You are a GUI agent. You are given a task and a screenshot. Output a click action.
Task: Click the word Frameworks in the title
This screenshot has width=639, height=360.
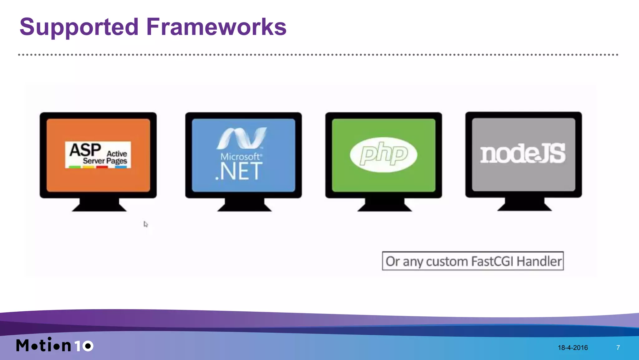(216, 27)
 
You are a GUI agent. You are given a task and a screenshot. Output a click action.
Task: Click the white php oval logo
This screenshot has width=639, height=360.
(383, 154)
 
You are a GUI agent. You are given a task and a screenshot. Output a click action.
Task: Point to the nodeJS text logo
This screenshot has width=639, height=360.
(523, 154)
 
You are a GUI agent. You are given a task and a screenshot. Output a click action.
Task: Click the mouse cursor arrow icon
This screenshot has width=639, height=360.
(145, 224)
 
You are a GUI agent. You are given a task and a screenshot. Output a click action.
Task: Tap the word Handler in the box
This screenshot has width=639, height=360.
(539, 261)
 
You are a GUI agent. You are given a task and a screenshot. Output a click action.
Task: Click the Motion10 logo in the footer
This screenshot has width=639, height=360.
(55, 345)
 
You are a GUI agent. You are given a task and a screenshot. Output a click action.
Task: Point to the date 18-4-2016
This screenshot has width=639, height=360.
(573, 348)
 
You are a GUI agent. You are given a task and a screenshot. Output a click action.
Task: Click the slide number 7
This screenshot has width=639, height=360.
(618, 348)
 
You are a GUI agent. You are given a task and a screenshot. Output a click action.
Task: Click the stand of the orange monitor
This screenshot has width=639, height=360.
(99, 205)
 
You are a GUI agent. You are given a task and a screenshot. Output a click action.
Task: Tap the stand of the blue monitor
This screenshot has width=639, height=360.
(244, 205)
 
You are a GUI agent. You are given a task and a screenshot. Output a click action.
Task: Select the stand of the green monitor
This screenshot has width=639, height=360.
(384, 205)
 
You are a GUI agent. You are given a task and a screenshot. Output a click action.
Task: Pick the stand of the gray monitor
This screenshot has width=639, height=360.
(524, 205)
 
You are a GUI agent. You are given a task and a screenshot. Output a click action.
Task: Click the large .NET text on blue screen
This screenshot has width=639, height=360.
(239, 172)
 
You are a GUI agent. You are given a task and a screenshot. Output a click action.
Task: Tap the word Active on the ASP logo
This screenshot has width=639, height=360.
(117, 153)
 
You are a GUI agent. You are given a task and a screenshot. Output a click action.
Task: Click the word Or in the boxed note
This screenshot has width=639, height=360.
(393, 261)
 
